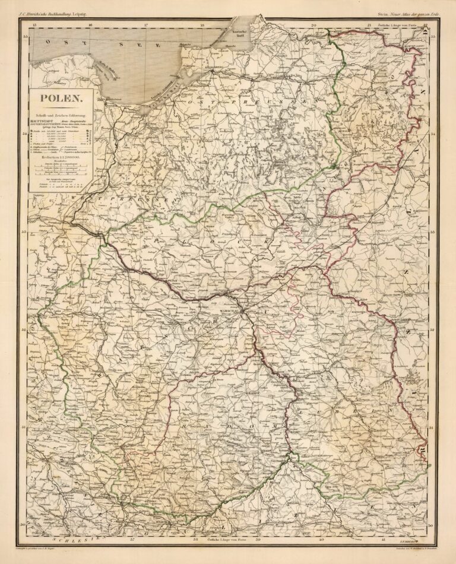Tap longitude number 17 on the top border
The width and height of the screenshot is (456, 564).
tap(146, 26)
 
